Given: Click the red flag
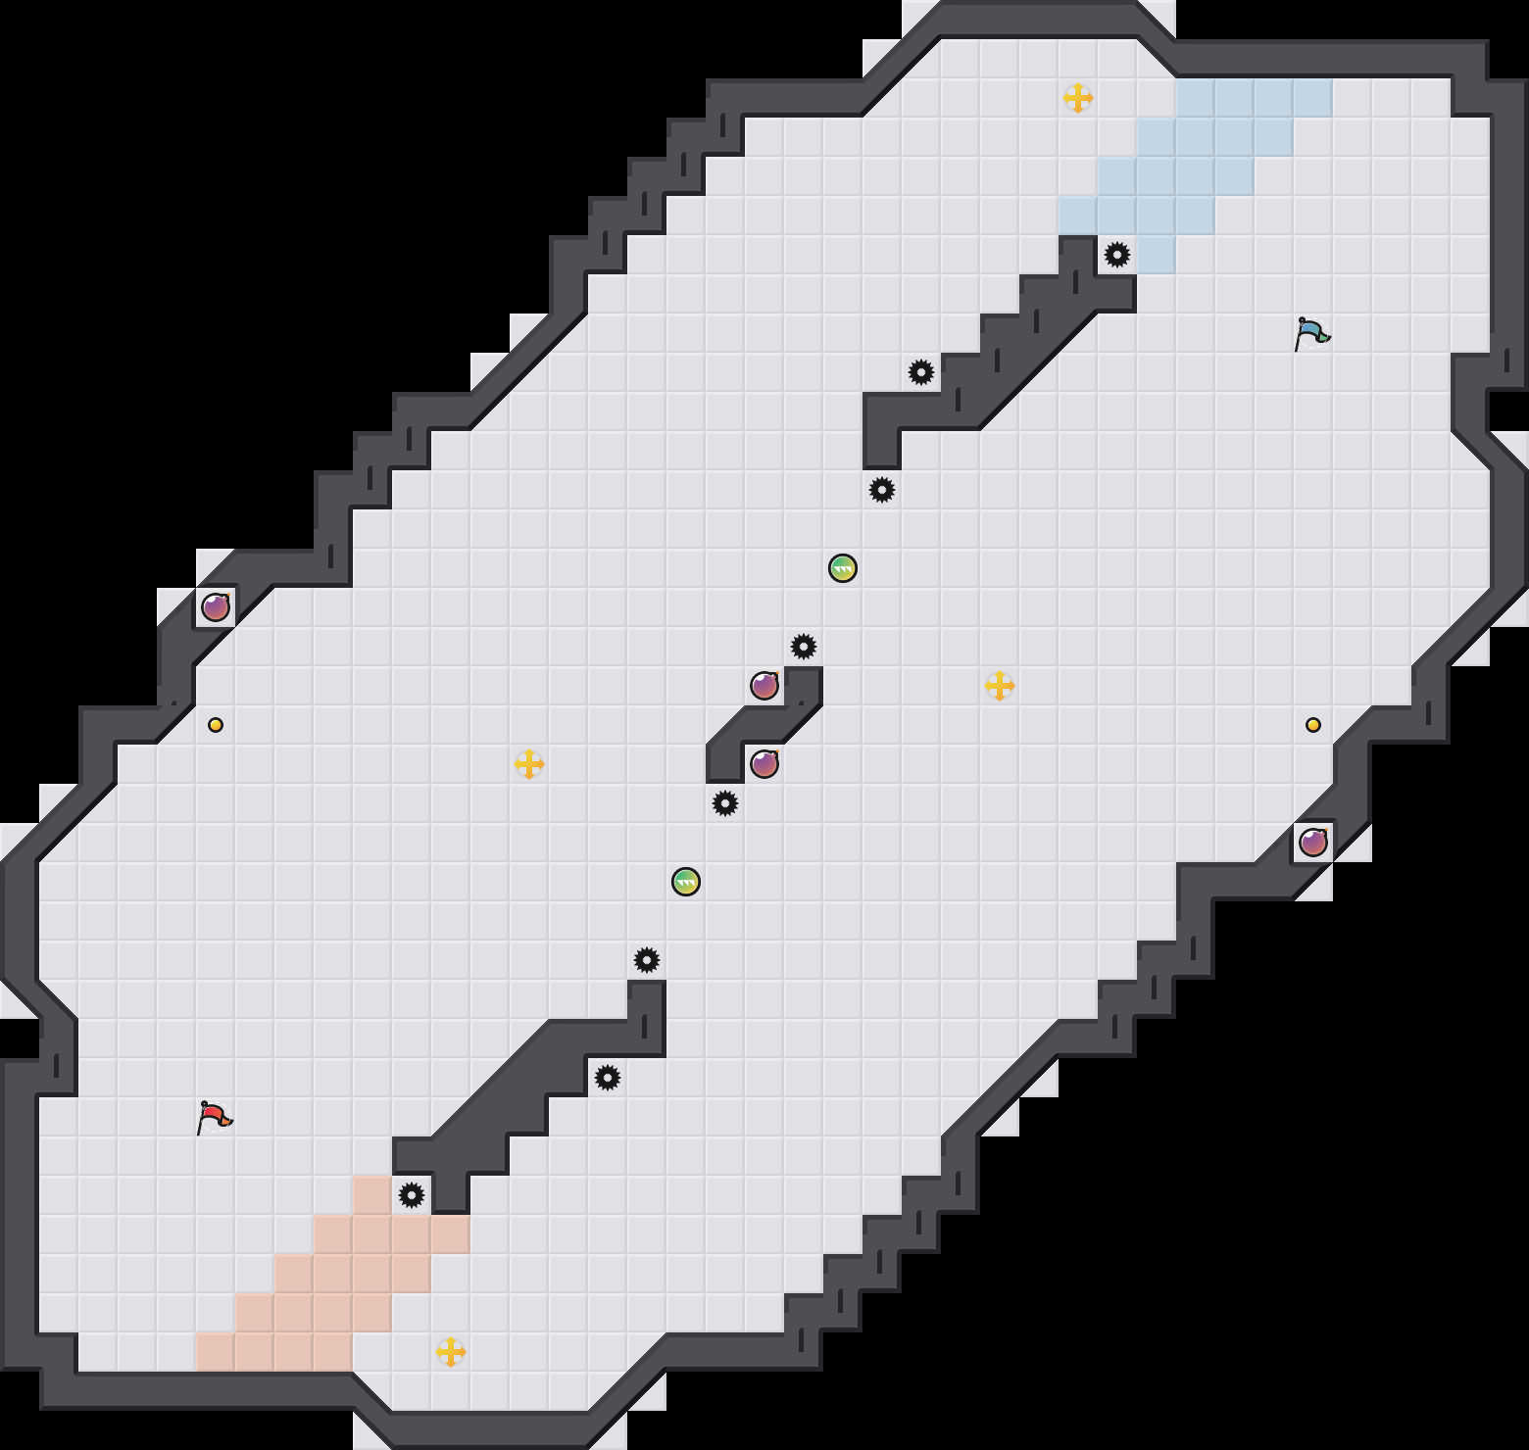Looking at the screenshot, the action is coord(215,1117).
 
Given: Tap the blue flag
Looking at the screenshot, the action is coord(1311,333).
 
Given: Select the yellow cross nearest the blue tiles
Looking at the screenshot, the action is coord(1078,98).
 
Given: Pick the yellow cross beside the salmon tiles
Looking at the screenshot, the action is coord(451,1352).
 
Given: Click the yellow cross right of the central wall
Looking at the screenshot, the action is coord(1000,686).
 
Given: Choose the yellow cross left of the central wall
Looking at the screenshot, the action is coord(529,764).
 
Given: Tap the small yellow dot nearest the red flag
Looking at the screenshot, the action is coord(216,725).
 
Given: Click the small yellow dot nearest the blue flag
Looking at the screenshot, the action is coord(1313,725).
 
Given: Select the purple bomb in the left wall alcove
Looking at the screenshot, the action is coord(216,607).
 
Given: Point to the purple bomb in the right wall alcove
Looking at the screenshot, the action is coord(1313,842).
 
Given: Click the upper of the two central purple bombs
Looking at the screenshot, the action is coord(764,686).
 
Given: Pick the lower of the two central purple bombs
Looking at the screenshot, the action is coord(764,763).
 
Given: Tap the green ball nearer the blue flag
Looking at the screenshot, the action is coord(843,568).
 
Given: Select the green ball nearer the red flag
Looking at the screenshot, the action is coord(686,882).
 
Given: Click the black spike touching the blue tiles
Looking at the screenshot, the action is coord(1117,255).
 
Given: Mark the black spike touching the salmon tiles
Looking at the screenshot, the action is coord(412,1195).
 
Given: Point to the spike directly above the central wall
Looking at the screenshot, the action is coord(804,647).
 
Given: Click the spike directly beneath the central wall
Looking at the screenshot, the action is coord(725,803).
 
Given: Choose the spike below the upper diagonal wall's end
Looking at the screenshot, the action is coord(882,490).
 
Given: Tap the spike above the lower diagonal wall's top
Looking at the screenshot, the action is coord(647,960).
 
